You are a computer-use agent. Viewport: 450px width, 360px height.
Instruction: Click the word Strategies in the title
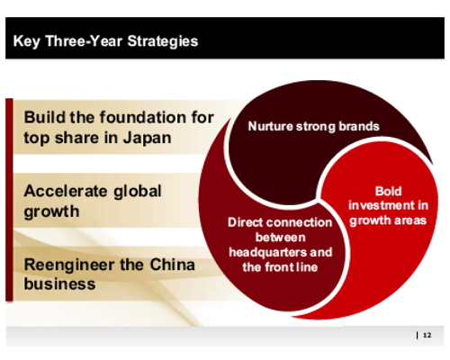[163, 41]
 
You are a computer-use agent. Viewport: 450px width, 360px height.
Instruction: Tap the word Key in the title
[26, 41]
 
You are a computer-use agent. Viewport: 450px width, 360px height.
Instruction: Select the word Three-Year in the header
[84, 40]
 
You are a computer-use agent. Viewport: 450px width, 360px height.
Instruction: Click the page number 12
[427, 335]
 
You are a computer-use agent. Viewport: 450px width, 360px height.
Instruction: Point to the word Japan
[147, 139]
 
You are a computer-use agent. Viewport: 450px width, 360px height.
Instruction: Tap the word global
[138, 192]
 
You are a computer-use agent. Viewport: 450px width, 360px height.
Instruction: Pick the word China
[172, 265]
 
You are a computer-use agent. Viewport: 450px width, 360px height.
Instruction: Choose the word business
[59, 283]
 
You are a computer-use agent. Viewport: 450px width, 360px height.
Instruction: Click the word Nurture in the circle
[270, 126]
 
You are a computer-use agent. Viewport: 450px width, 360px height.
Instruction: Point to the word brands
[359, 126]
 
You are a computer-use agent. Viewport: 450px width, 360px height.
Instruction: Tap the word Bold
[388, 192]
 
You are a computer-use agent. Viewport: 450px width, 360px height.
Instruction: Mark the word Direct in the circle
[245, 222]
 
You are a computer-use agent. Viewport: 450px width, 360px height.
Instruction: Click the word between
[281, 238]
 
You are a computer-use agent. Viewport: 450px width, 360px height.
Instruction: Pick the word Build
[45, 117]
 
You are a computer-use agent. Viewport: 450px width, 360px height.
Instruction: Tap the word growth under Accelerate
[51, 212]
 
